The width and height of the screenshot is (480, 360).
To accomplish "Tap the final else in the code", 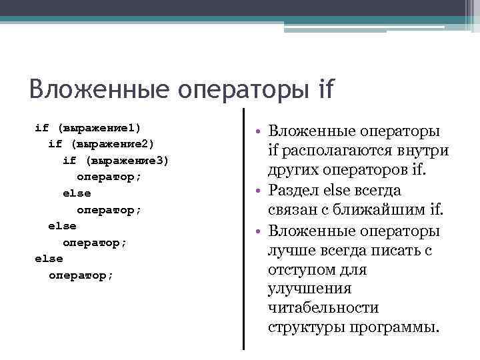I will coord(49,259).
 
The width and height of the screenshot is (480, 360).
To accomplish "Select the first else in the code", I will coord(77,193).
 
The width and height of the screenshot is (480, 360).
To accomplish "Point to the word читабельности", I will coord(323,308).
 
